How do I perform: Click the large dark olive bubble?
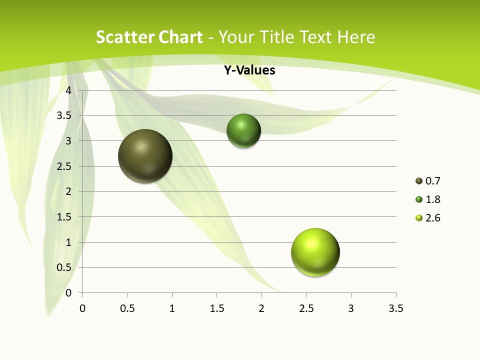point(145,156)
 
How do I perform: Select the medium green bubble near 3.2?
point(243,131)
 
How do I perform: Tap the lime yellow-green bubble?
point(315,252)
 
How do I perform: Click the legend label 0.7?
point(432,181)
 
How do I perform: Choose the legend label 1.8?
point(432,199)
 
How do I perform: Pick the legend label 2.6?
point(432,218)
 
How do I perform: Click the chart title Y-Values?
point(249,70)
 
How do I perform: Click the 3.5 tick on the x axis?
point(395,308)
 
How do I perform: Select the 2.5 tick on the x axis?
point(306,308)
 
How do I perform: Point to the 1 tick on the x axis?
point(172,308)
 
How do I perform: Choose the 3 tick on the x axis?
point(351,308)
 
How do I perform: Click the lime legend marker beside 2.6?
point(419,218)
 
